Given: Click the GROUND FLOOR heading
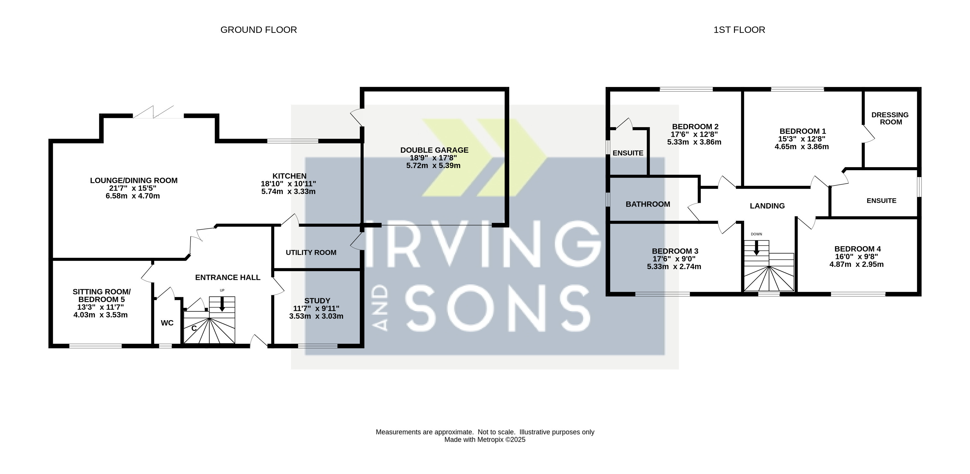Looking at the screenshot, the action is pyautogui.click(x=259, y=30).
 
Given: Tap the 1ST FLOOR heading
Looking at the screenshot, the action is pyautogui.click(x=739, y=30).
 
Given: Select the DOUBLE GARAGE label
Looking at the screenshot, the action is pyautogui.click(x=434, y=150).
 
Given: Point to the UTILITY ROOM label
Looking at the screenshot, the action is pyautogui.click(x=311, y=252).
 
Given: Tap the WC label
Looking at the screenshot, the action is pyautogui.click(x=167, y=323).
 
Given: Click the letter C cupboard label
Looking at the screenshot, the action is pyautogui.click(x=194, y=328).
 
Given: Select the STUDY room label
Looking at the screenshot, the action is pyautogui.click(x=317, y=301).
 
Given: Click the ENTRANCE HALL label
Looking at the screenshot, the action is pyautogui.click(x=227, y=277).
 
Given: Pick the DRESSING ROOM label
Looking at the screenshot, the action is pyautogui.click(x=890, y=118).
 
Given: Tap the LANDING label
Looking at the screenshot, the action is pyautogui.click(x=767, y=206).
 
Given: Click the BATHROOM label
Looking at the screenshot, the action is pyautogui.click(x=648, y=204).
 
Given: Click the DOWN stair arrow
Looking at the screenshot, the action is pyautogui.click(x=756, y=248).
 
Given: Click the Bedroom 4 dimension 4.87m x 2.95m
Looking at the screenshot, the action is pyautogui.click(x=856, y=264).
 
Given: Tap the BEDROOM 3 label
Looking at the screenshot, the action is pyautogui.click(x=675, y=251).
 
